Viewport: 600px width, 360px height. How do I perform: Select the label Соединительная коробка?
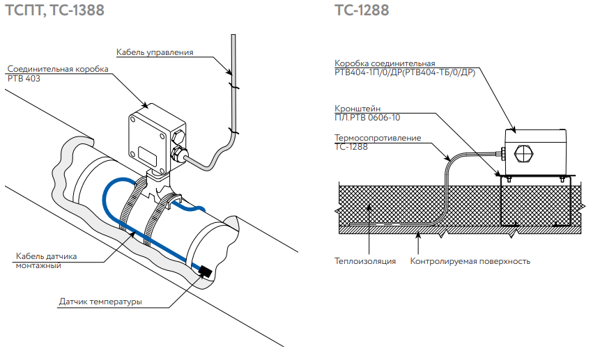click(x=59, y=70)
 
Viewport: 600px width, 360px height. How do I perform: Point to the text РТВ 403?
click(x=24, y=79)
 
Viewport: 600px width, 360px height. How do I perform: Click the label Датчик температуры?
click(x=100, y=302)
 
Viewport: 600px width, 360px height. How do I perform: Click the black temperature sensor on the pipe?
click(x=205, y=271)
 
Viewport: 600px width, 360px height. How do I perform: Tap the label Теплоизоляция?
click(x=365, y=262)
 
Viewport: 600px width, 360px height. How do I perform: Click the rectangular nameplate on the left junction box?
click(x=148, y=152)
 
